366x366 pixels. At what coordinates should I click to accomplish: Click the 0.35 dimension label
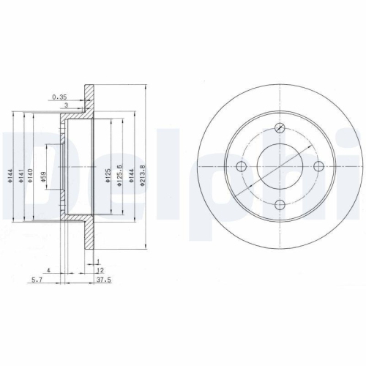click(60, 95)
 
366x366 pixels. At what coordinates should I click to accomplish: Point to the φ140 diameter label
click(31, 176)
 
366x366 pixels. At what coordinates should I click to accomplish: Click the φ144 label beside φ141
click(12, 176)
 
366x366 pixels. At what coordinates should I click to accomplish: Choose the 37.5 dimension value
click(104, 279)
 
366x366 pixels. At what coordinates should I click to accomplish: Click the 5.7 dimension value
click(37, 279)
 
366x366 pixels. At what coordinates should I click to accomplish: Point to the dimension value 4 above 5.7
click(48, 270)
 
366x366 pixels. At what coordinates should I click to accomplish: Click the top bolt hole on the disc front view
click(280, 129)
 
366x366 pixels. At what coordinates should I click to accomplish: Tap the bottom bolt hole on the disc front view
click(280, 205)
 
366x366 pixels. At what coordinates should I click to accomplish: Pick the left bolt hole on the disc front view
click(242, 167)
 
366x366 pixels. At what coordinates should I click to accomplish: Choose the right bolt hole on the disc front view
click(318, 167)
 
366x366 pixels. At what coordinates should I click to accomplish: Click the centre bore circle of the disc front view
click(280, 167)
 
